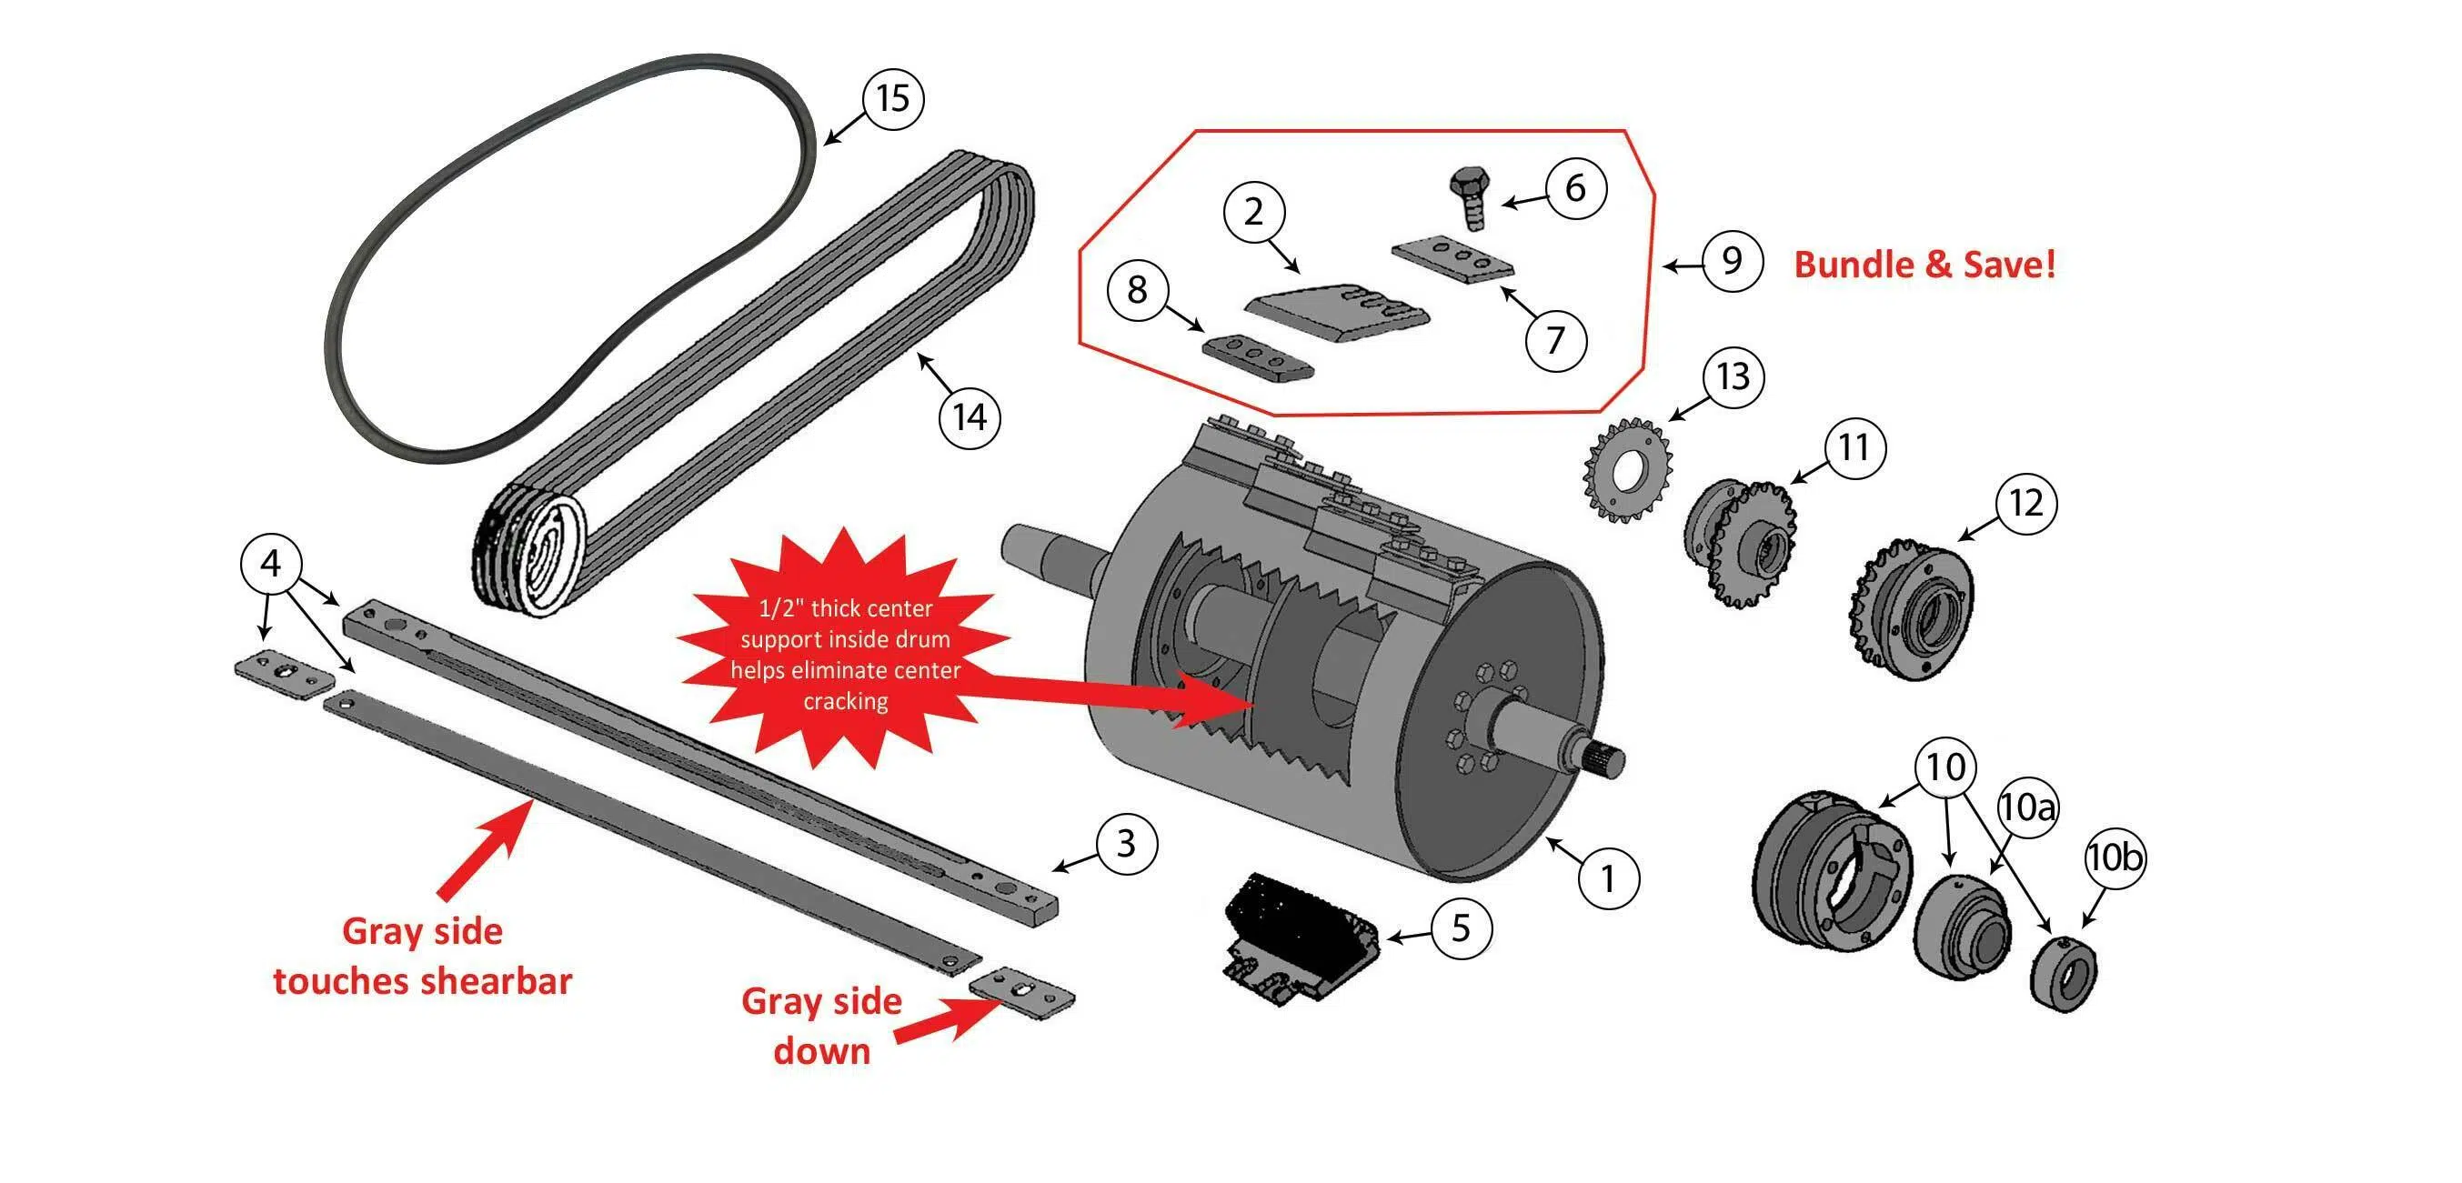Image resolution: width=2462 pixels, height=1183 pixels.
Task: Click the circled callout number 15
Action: tap(892, 98)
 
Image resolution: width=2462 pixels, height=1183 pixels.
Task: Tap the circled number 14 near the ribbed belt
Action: tap(970, 417)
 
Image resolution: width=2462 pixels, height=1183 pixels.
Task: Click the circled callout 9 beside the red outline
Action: tap(1732, 261)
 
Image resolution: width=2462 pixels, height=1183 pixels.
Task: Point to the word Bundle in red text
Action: tap(1855, 265)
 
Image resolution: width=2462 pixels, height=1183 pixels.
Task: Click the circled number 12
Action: tap(2026, 504)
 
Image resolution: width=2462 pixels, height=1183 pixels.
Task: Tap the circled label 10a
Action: tap(2026, 807)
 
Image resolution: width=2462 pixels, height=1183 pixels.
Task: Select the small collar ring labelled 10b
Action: tap(2064, 973)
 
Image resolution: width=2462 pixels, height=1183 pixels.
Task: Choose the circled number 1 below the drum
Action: tap(1608, 878)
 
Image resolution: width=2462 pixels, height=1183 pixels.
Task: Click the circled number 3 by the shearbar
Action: tap(1126, 844)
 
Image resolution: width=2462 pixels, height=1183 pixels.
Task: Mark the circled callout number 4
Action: tap(270, 564)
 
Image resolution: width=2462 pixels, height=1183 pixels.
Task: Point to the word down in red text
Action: tap(822, 1051)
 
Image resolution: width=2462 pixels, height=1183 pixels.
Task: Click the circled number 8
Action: tap(1136, 289)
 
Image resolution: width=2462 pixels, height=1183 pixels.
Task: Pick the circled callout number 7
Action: tap(1555, 339)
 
